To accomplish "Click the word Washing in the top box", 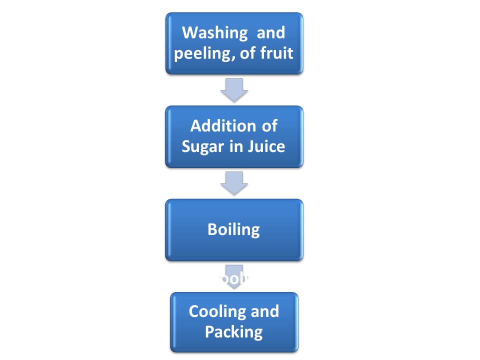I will (x=214, y=33).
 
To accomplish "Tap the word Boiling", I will (x=233, y=229).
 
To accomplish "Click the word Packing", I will (x=234, y=331).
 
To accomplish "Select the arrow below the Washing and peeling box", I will (x=234, y=90).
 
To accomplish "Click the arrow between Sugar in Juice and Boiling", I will (x=234, y=183).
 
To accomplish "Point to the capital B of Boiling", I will (x=212, y=229).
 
